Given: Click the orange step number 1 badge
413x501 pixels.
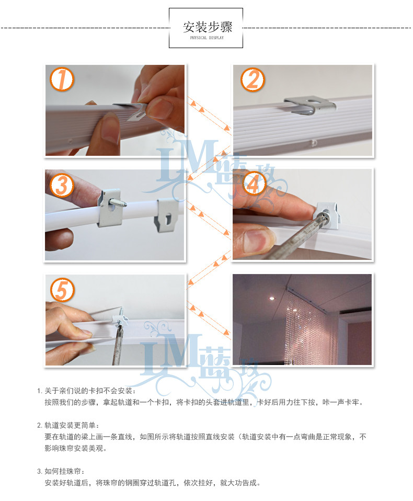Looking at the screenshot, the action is (62, 79).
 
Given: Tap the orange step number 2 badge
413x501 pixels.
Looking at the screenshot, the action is (253, 79).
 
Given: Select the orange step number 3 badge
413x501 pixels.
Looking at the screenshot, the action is (62, 185).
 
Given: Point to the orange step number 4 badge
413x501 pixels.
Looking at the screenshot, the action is (254, 184).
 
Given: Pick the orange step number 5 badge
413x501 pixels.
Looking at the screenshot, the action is (62, 290).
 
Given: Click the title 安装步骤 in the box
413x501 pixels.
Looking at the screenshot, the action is (208, 27).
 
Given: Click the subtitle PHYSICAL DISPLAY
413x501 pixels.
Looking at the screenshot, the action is (207, 38).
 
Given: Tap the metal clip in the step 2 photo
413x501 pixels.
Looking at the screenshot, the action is (310, 106).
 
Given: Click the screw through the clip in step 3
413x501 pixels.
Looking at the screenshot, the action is (118, 203).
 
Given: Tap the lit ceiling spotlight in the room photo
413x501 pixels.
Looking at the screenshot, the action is (272, 299).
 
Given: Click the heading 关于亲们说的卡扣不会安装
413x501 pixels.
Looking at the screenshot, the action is (88, 391).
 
